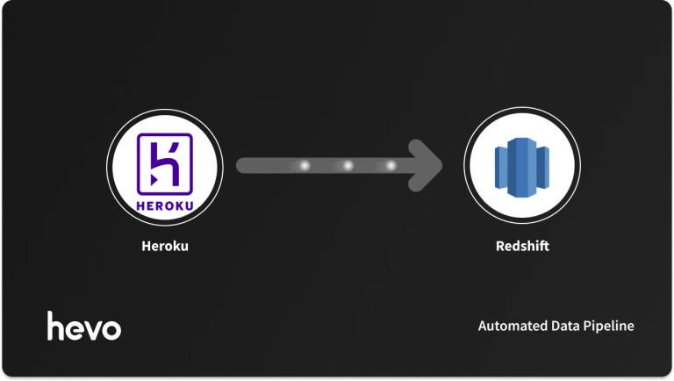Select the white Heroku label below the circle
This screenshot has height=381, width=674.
(x=165, y=247)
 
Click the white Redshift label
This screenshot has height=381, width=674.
(x=522, y=247)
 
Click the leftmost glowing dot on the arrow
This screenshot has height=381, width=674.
(x=305, y=165)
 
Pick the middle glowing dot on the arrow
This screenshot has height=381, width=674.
(x=348, y=165)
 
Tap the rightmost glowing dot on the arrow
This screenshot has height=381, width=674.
(x=391, y=165)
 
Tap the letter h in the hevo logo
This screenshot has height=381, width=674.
(x=56, y=326)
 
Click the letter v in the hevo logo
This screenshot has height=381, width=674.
(x=94, y=329)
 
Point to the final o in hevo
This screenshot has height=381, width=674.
(x=111, y=329)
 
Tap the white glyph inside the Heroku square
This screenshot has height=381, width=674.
(x=164, y=159)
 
